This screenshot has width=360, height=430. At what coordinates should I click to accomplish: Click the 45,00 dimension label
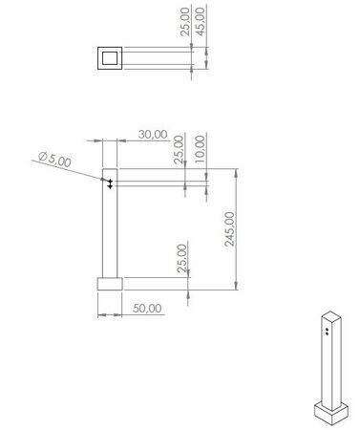pos(201,22)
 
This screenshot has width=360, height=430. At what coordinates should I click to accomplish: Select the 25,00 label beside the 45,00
pos(185,22)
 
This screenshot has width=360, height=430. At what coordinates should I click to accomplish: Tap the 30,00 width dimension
pos(153,135)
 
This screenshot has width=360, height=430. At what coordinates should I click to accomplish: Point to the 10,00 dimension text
pos(201,149)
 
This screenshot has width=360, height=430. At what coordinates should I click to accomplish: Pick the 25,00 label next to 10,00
pos(180,149)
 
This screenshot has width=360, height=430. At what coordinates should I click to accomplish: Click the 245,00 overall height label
pos(229,228)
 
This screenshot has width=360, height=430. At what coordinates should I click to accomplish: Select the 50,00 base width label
pos(147,309)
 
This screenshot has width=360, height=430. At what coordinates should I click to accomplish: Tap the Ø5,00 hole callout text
pos(54,160)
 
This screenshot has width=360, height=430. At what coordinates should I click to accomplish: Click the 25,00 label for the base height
pos(181,258)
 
